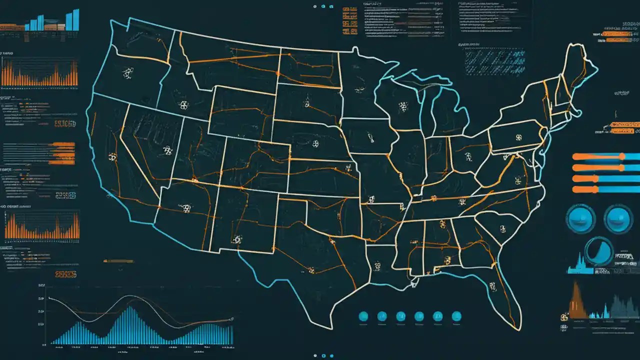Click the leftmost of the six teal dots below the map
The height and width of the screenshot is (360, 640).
(x=363, y=316)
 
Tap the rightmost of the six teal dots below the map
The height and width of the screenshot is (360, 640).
(x=456, y=316)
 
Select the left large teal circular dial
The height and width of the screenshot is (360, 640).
(x=580, y=219)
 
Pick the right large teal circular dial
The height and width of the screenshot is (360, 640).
(x=618, y=219)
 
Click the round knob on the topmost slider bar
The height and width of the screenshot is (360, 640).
(x=622, y=156)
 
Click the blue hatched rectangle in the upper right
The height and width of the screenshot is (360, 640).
(x=494, y=62)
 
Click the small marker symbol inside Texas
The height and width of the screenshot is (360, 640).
(x=310, y=270)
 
